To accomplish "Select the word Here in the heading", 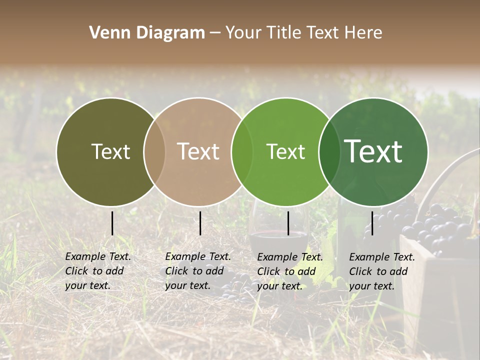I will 364,33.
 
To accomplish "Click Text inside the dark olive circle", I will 110,152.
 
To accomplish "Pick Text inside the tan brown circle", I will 198,152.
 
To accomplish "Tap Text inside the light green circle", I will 285,152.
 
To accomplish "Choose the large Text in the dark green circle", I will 373,151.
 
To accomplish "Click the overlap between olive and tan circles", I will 154,152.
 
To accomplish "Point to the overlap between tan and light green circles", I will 242,152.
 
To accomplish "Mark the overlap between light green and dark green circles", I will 329,152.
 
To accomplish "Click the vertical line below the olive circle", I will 112,223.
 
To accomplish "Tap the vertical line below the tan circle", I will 200,223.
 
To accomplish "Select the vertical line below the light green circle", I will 288,223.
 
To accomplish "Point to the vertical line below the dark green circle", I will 372,223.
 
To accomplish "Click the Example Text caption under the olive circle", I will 97,271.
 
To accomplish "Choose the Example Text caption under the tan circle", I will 197,271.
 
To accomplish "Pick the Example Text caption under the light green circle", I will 289,271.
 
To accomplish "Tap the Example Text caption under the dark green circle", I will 381,271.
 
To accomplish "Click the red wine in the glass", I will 278,240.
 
